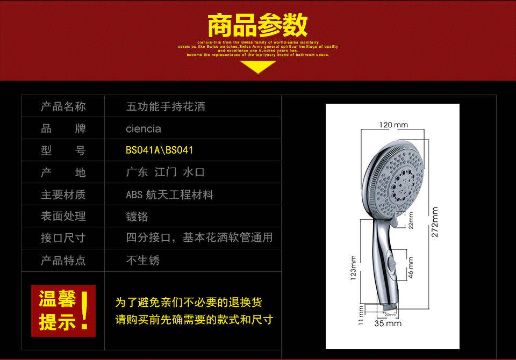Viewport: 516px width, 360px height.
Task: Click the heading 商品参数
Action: point(257,25)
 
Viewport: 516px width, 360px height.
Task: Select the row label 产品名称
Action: point(63,106)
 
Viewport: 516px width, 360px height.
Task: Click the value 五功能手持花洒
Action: point(166,106)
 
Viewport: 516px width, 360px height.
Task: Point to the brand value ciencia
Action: point(143,129)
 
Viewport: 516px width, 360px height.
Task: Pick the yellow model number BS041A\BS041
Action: point(159,150)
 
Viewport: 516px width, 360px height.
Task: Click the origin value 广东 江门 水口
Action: point(165,172)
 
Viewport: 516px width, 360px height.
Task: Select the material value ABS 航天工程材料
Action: point(169,195)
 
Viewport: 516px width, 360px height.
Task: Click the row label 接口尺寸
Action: point(63,238)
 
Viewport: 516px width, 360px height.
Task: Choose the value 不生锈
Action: point(143,261)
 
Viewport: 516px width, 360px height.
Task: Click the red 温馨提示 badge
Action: point(63,311)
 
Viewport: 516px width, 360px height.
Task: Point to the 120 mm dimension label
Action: point(393,125)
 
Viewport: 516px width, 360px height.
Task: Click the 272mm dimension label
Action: point(435,222)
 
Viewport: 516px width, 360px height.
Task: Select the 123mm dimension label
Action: point(353,268)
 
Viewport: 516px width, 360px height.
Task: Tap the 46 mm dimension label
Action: point(411,267)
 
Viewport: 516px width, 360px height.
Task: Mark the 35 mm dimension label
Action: point(388,323)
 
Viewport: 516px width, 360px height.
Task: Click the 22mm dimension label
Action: point(411,221)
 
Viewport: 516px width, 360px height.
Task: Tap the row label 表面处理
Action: point(63,217)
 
